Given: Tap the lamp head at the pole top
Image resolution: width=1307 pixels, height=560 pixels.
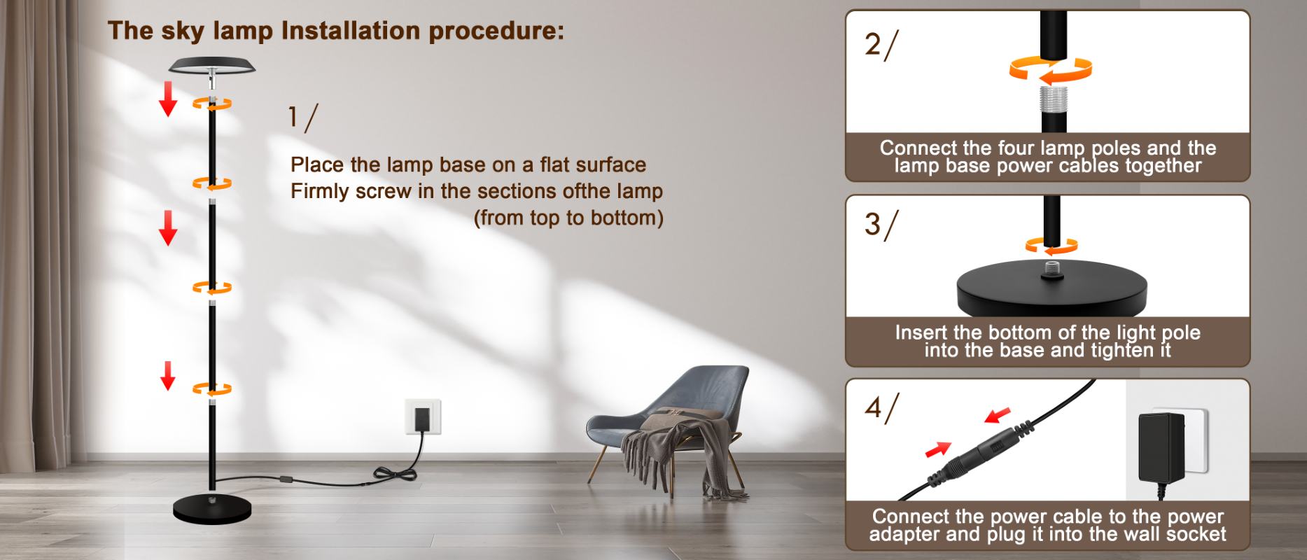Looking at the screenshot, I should click(212, 66).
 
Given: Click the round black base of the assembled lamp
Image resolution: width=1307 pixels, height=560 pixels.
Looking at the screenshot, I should click(212, 510).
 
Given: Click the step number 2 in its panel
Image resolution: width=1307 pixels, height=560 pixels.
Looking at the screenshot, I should click(873, 44).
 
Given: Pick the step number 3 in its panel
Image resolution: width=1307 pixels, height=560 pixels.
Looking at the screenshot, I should click(873, 224).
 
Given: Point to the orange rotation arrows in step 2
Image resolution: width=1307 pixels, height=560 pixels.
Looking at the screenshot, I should click(1051, 69).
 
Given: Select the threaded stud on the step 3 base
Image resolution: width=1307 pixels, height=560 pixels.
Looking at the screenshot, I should click(1051, 269).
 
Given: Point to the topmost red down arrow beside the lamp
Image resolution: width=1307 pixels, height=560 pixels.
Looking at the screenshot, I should click(168, 99).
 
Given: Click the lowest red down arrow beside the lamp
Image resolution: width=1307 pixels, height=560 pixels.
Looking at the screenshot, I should click(168, 376).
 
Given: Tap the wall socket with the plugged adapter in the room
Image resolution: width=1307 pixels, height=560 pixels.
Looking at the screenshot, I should click(423, 416).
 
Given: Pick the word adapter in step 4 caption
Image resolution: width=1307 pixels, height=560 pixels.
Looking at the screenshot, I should click(904, 534).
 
